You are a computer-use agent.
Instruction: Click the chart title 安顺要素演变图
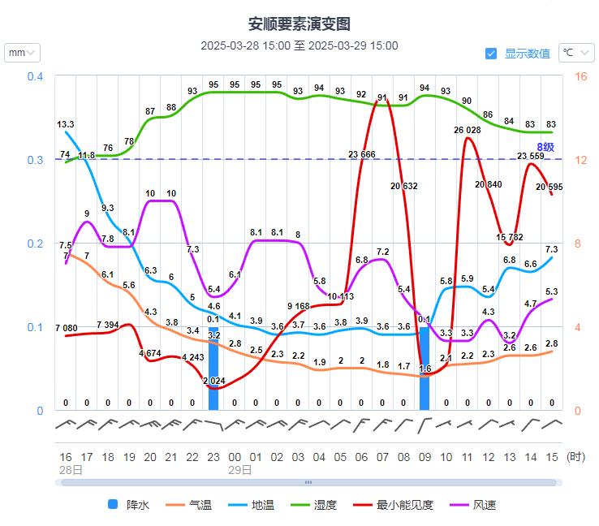pyautogui.click(x=299, y=24)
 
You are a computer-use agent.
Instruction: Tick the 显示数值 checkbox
pyautogui.click(x=491, y=54)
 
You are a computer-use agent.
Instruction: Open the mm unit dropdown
pyautogui.click(x=22, y=53)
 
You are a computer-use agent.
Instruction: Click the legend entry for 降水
pyautogui.click(x=128, y=505)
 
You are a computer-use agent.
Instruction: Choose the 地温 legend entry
pyautogui.click(x=253, y=505)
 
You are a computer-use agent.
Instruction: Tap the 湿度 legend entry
pyautogui.click(x=316, y=505)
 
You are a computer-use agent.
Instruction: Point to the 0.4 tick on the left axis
pyautogui.click(x=35, y=76)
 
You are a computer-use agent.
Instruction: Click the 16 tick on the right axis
pyautogui.click(x=580, y=76)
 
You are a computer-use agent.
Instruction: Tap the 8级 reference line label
pyautogui.click(x=545, y=147)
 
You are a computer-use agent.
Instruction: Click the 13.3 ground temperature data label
pyautogui.click(x=66, y=124)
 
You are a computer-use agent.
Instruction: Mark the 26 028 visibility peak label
pyautogui.click(x=468, y=130)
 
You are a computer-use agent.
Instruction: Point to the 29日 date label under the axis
pyautogui.click(x=239, y=469)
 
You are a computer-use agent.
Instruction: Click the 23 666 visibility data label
pyautogui.click(x=362, y=154)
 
